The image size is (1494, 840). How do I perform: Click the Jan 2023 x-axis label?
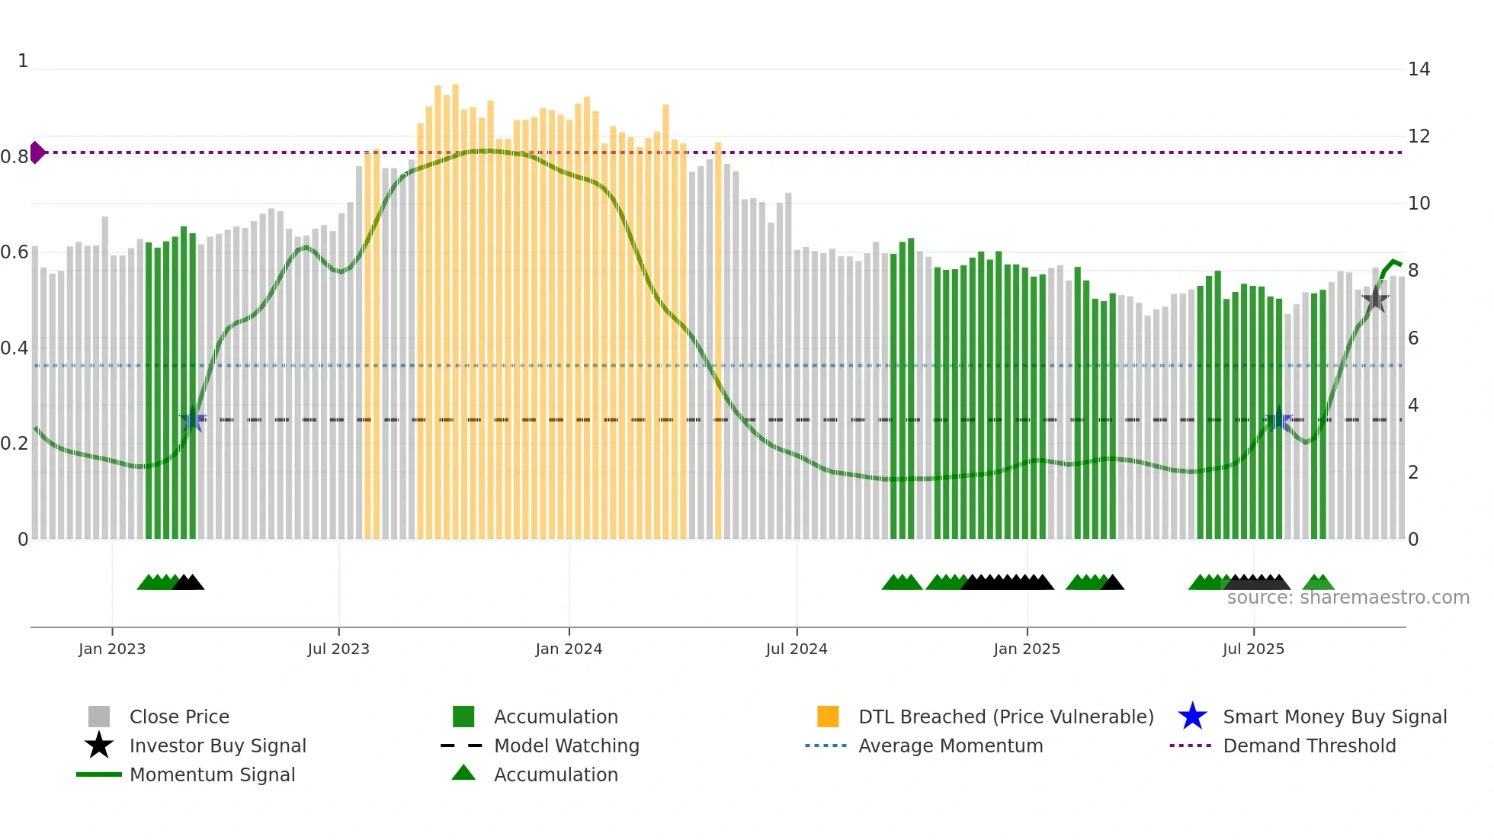(x=112, y=649)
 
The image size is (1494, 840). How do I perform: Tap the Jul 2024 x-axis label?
(x=797, y=649)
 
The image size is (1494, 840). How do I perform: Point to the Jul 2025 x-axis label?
(x=1253, y=649)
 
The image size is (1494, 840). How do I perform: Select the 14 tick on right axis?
(x=1419, y=69)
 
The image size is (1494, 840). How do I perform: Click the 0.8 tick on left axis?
(x=14, y=157)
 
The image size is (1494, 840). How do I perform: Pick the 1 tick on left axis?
(x=23, y=61)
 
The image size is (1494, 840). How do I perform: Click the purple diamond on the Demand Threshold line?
(x=37, y=152)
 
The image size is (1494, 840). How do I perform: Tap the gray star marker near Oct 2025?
(x=1375, y=300)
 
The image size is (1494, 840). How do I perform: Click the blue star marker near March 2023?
(x=193, y=419)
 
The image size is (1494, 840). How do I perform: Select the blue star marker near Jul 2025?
(x=1278, y=419)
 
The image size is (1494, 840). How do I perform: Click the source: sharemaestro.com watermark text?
(x=1348, y=598)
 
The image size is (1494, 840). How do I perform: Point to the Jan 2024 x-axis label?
(x=569, y=649)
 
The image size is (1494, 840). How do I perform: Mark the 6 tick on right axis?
(x=1413, y=338)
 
